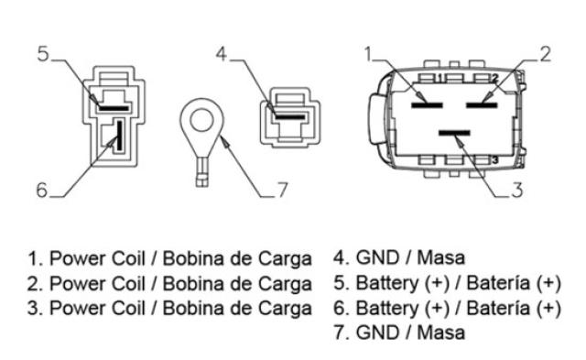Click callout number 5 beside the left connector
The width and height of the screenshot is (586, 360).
[43, 54]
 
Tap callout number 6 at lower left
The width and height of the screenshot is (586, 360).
[42, 190]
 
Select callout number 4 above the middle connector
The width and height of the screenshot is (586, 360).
[222, 54]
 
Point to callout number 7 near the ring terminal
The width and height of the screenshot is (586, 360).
[283, 190]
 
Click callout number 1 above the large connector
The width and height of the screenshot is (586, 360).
[369, 54]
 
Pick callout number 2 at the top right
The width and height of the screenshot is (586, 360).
[546, 54]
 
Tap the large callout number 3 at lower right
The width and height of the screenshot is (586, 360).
[517, 190]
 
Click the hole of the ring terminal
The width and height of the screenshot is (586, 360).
[201, 121]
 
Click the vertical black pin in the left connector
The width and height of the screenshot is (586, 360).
[120, 135]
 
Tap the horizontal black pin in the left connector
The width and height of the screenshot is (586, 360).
[114, 108]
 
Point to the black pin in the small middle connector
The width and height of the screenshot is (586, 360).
[290, 117]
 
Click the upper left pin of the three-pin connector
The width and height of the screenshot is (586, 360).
[427, 105]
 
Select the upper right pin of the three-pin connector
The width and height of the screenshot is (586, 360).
[482, 105]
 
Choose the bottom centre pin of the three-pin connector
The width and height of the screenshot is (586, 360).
[454, 133]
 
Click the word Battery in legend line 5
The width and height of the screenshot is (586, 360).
[387, 283]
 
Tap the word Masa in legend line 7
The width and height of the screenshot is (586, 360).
[441, 333]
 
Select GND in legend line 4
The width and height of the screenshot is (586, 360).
[377, 257]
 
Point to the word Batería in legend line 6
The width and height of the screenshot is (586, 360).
[498, 308]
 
